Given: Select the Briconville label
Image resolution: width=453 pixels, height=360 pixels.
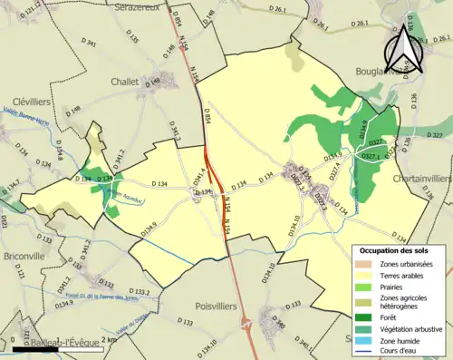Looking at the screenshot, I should [x=24, y=256].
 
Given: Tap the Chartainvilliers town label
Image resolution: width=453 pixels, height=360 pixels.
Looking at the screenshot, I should [x=422, y=179].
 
